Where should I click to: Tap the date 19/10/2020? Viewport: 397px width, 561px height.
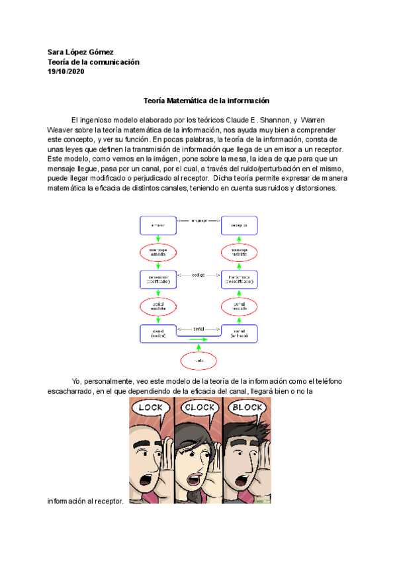66,71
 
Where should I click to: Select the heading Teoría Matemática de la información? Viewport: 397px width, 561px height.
207,101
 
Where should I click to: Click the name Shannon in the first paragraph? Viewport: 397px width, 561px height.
269,120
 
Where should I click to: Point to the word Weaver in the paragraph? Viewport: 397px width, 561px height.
61,130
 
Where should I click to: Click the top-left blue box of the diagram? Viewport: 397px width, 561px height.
158,226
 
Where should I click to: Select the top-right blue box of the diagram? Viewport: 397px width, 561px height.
240,226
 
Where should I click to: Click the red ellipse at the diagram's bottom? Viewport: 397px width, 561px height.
199,361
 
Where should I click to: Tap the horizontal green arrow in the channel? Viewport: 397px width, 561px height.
199,339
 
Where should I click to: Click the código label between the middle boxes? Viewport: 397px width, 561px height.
199,273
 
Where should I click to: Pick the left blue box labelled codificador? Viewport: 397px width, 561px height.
158,279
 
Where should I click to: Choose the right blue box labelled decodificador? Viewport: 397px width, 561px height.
240,279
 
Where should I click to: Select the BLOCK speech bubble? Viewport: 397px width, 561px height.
249,408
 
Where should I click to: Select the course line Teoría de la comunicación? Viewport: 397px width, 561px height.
93,62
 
